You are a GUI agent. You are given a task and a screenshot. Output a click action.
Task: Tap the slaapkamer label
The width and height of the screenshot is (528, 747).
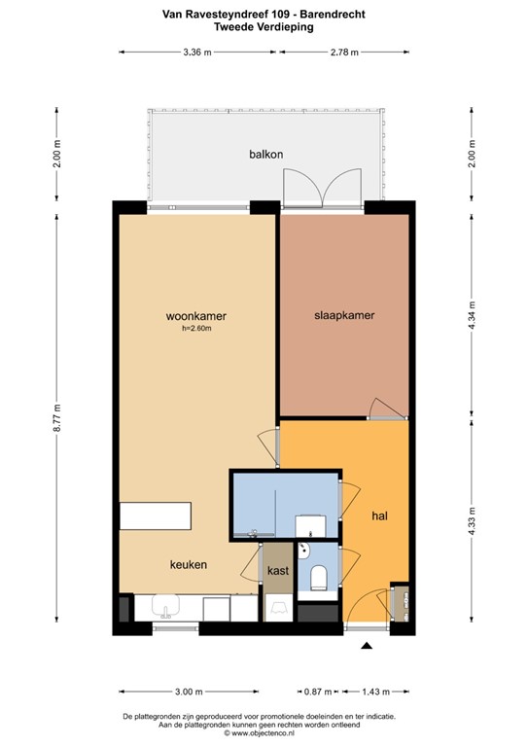point(344,315)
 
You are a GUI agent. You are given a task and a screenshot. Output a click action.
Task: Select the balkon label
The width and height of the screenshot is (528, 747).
point(266,155)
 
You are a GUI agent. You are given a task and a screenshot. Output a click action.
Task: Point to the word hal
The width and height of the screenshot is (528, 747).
point(380,516)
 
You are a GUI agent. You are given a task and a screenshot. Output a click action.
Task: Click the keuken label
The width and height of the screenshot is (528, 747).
point(189,564)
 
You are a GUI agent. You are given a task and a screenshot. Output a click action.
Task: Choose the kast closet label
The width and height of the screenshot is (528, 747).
point(278,570)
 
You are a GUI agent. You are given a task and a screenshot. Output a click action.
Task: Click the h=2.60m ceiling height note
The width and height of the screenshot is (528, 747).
point(196,328)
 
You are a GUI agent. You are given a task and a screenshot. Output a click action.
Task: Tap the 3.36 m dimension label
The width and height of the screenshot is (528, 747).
point(197,53)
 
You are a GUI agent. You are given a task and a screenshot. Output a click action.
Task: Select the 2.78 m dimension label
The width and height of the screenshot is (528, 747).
point(344,53)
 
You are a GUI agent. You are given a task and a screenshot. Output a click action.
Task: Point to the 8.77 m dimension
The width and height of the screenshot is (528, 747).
point(57,418)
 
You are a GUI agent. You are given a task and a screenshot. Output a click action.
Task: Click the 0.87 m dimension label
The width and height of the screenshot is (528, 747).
point(318,692)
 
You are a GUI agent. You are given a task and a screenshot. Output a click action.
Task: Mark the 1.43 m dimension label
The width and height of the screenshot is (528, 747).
point(375,692)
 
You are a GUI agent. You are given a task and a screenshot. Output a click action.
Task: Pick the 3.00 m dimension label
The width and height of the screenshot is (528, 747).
point(189,692)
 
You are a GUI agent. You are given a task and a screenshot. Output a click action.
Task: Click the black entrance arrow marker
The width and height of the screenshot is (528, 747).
point(367,646)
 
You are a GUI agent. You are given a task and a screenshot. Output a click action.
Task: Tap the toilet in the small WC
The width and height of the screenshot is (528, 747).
point(318,578)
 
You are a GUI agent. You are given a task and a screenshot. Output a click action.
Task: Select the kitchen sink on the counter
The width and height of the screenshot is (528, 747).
point(165,607)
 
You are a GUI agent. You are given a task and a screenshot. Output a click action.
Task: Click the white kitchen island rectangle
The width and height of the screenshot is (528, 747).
point(156,516)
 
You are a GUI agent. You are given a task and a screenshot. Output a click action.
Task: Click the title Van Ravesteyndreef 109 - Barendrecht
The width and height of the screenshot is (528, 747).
point(264,15)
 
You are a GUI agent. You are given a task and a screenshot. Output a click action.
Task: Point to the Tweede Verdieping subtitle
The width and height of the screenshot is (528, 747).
point(264,26)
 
